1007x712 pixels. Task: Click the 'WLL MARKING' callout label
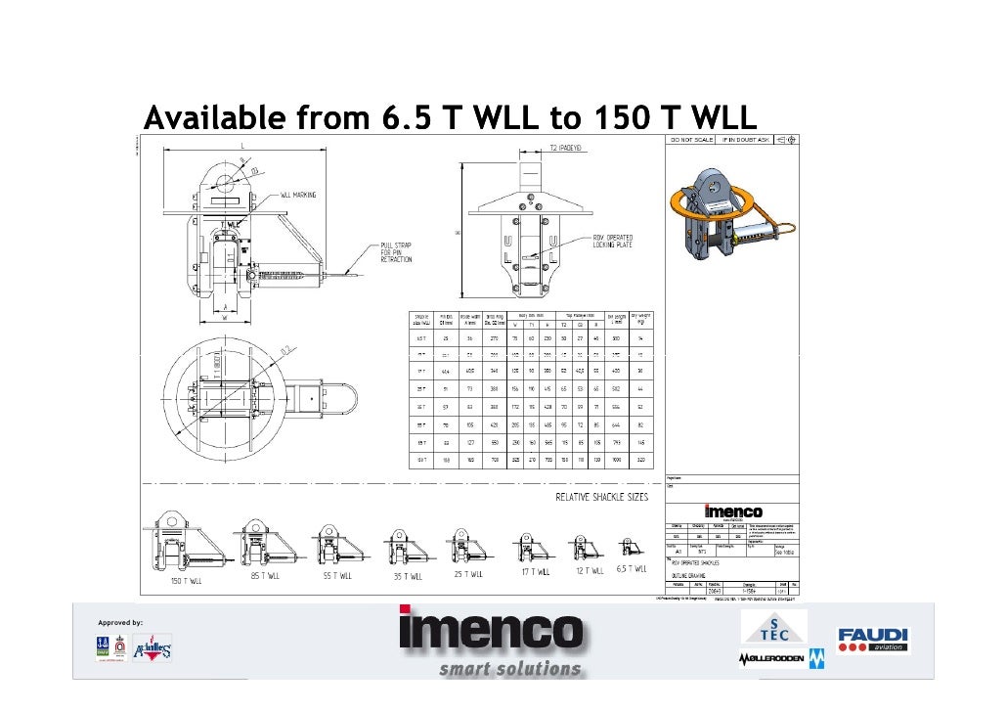point(299,196)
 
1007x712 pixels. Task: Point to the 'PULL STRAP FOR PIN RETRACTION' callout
point(390,252)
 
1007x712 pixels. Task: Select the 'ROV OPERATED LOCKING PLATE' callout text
point(613,241)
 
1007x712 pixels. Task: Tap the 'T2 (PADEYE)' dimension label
point(564,152)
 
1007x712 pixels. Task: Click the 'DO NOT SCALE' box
point(690,140)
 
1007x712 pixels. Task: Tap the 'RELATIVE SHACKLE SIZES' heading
point(601,497)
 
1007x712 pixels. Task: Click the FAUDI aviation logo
point(872,640)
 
